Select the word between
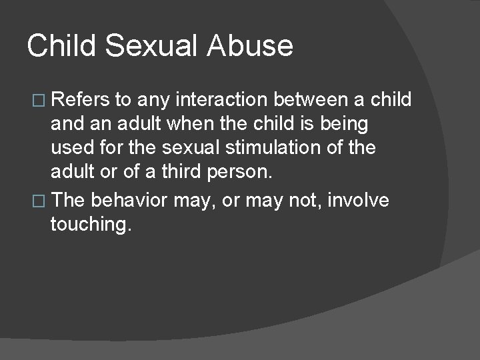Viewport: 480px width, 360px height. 317,100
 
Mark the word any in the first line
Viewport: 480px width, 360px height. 151,101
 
